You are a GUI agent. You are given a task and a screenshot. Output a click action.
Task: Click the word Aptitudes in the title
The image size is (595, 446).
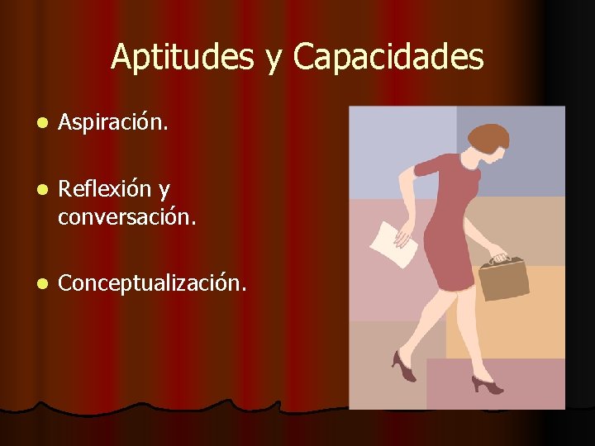tap(184, 57)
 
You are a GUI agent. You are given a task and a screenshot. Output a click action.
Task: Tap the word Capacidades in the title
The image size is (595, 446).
tap(388, 57)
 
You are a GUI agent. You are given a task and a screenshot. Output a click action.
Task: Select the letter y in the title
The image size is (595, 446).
tap(273, 59)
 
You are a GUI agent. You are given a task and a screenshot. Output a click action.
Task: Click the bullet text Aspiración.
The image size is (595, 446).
tap(113, 123)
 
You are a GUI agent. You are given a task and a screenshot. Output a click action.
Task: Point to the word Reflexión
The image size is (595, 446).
tap(105, 189)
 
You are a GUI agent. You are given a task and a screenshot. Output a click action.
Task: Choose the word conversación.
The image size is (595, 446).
tap(126, 217)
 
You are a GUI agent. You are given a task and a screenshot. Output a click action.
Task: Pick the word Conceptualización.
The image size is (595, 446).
tap(152, 283)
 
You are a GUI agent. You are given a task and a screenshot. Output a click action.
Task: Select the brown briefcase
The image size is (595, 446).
tap(504, 278)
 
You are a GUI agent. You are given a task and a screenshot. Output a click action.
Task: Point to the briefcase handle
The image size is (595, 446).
tap(497, 258)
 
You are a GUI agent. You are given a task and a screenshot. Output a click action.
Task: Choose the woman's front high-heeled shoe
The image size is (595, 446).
tap(486, 383)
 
